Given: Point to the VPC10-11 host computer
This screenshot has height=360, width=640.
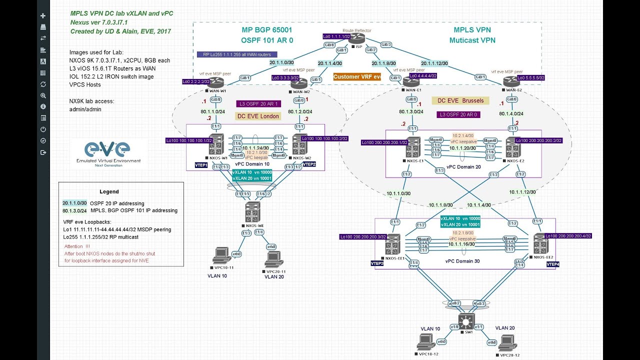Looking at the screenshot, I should click(x=220, y=255).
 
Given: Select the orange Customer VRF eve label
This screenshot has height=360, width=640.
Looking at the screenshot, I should click(x=357, y=76).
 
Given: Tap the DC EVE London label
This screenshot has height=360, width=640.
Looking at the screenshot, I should click(x=258, y=116).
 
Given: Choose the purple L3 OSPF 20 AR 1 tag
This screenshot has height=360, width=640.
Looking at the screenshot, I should click(x=258, y=103).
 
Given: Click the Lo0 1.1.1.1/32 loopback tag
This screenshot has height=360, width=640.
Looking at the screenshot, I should click(x=336, y=36).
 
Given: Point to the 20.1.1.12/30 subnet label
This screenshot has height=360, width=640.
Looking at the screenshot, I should click(x=434, y=63).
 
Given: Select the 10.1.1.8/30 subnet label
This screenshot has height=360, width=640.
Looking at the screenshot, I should click(x=440, y=205).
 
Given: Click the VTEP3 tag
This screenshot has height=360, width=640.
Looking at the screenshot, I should click(x=377, y=263).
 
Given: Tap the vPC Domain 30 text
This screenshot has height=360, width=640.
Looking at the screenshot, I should click(x=463, y=261).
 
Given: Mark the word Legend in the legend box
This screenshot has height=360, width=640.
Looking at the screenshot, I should click(x=109, y=191).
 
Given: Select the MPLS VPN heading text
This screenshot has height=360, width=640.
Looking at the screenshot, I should click(x=472, y=30).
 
